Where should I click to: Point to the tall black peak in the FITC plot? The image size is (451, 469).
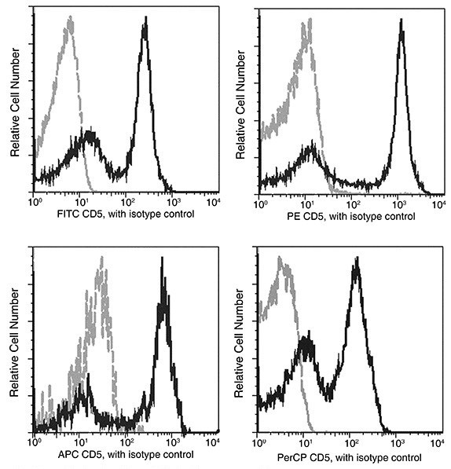pyautogui.click(x=145, y=31)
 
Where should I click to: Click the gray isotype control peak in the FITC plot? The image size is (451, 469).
pyautogui.click(x=69, y=27)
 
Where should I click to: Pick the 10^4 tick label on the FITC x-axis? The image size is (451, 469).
pyautogui.click(x=211, y=202)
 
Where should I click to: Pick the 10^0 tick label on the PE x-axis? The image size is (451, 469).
pyautogui.click(x=260, y=202)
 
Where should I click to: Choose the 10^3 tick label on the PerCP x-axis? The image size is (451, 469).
pyautogui.click(x=394, y=443)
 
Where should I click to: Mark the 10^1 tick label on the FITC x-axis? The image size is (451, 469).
pyautogui.click(x=79, y=202)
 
